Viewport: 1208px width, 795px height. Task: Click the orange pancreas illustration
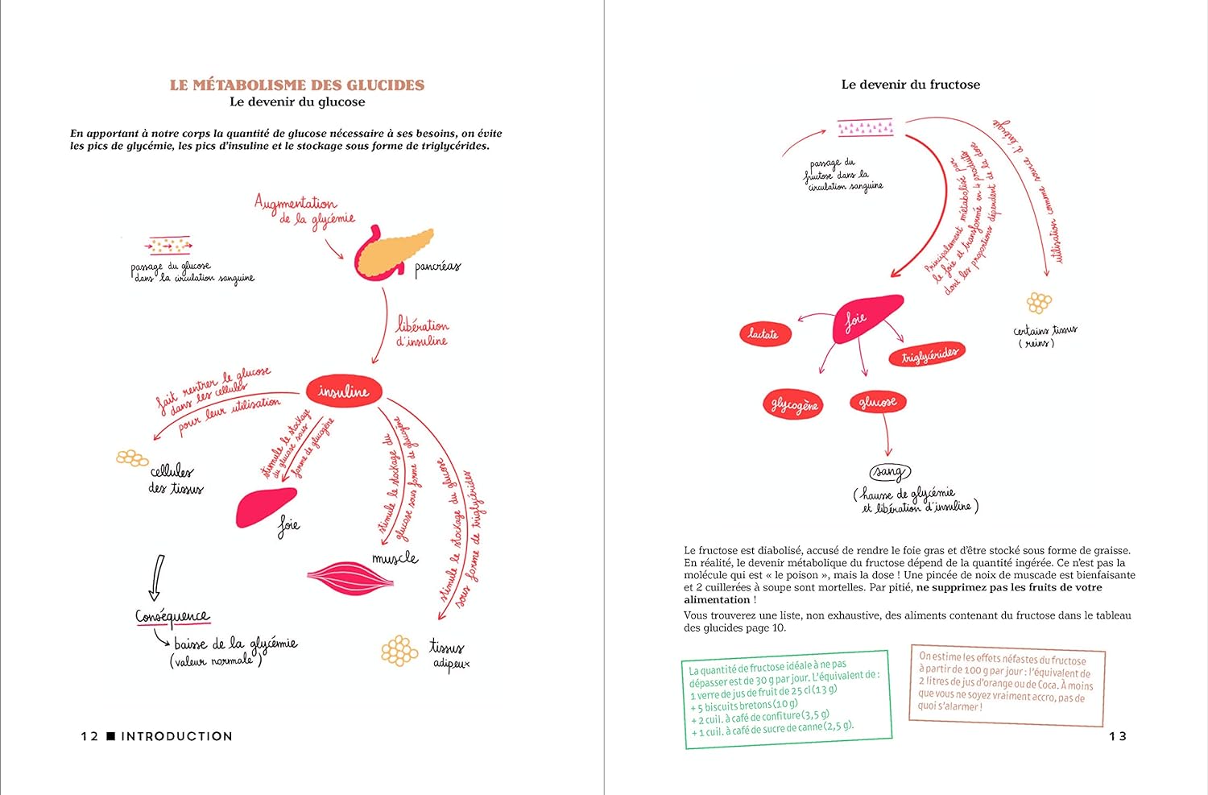coord(395,251)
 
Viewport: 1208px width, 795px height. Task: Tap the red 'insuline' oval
coord(343,391)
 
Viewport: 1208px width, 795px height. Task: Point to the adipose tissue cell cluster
coord(399,651)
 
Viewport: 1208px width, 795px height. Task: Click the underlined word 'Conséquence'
coord(172,617)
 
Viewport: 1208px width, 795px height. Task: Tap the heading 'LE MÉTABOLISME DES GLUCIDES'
coord(297,85)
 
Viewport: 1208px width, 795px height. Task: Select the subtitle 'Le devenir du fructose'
coord(910,85)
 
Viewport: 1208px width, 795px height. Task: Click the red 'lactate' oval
coord(764,333)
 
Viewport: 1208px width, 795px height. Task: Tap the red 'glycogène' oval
coord(794,404)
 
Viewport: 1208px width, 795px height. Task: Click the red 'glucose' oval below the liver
coord(877,401)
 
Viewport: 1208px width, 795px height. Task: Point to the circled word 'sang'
coord(888,471)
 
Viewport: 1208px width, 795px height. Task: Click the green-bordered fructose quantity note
coord(787,699)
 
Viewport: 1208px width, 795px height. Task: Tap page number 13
coord(1117,736)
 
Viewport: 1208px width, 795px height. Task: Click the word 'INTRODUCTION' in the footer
coord(176,736)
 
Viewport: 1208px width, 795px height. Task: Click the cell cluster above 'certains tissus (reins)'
coord(1039,303)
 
